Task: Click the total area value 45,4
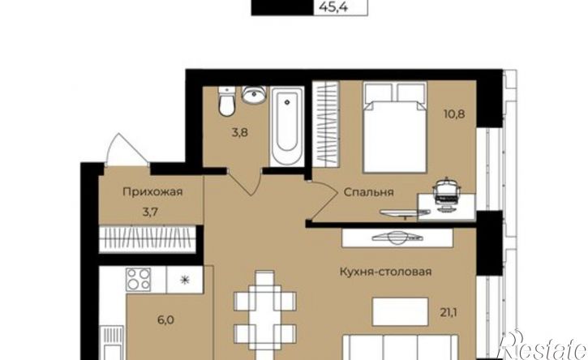(333, 6)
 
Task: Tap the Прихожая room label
(152, 192)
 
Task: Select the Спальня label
(369, 193)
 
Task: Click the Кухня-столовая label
(385, 271)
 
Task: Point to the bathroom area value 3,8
(239, 132)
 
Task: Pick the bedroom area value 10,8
(454, 114)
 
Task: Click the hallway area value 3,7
(150, 212)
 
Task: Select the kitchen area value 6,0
(165, 320)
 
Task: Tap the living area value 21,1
(449, 312)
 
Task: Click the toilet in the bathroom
(226, 101)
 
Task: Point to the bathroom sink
(254, 95)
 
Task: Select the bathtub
(287, 126)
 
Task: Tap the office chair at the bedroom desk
(446, 191)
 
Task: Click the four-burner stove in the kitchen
(139, 280)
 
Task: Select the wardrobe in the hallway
(147, 239)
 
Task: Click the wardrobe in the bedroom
(326, 124)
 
